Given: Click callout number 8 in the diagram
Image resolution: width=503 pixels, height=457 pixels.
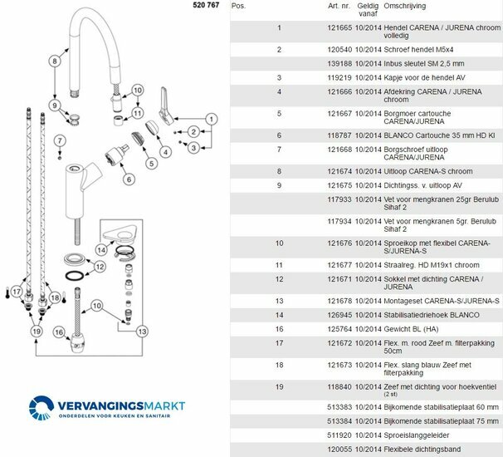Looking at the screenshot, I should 55,61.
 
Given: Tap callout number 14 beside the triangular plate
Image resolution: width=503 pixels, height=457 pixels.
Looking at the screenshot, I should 100,249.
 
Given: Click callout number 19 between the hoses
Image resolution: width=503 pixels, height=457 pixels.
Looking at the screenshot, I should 36,332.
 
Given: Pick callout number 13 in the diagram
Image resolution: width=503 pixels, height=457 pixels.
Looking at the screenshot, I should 142,332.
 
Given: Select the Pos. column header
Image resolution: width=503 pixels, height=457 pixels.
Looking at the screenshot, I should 238,6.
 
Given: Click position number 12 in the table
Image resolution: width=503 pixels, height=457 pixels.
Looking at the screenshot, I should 280,279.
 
